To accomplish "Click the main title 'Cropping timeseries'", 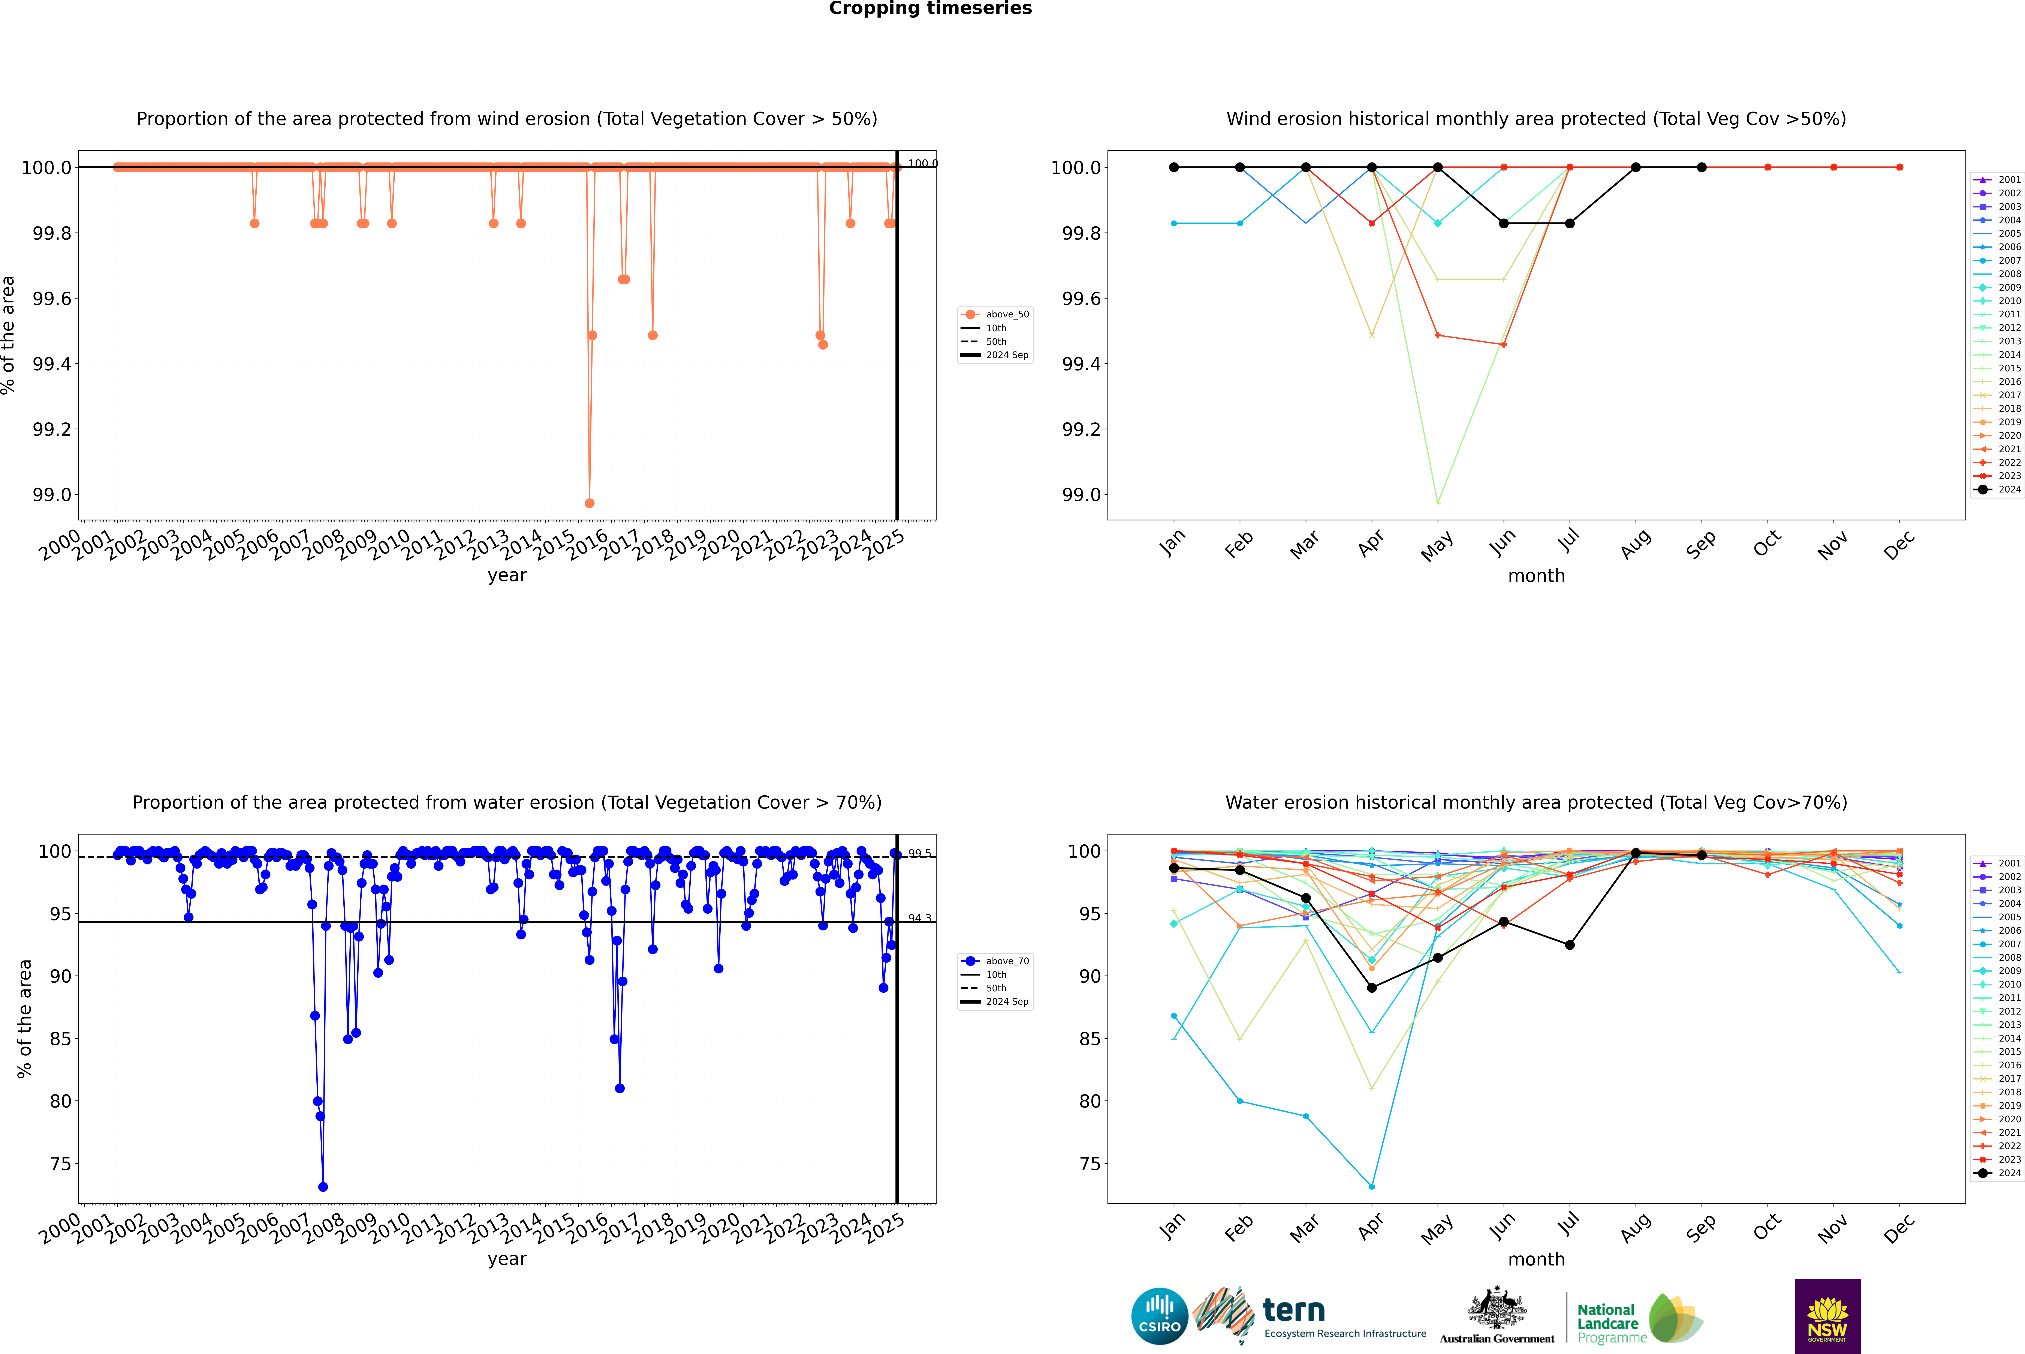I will [x=930, y=9].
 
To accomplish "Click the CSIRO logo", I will [x=1159, y=1316].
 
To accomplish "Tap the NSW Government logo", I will [x=1827, y=1316].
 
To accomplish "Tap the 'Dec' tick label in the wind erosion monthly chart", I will [x=1899, y=545].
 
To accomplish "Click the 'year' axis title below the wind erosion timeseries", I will [x=507, y=575].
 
